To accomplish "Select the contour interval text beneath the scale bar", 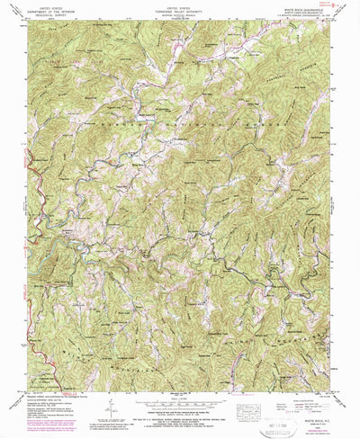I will [180, 403].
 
